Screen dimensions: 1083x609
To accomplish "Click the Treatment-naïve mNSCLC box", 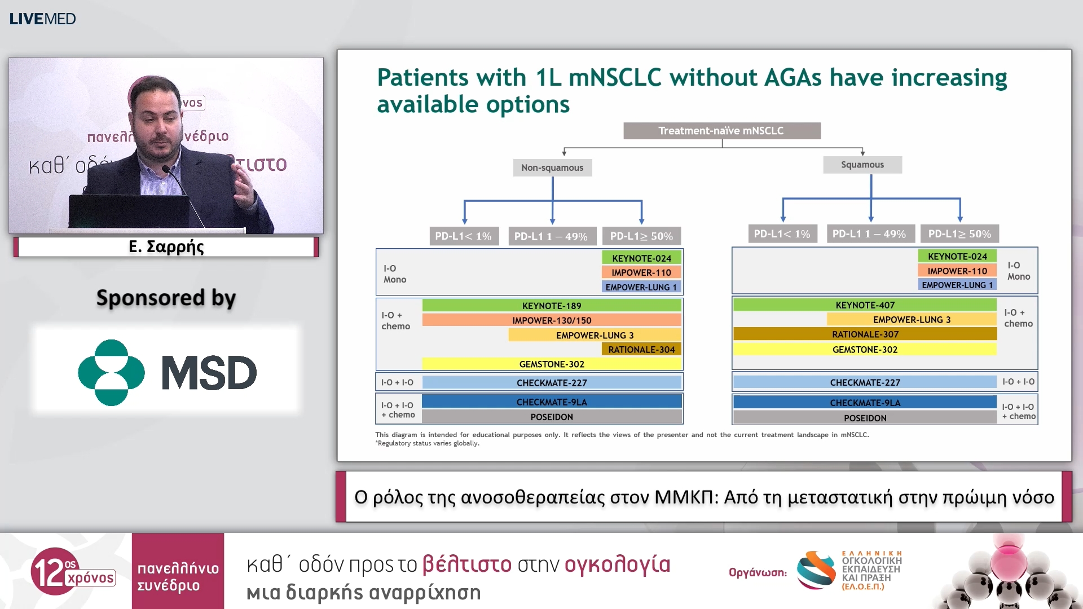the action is pyautogui.click(x=722, y=131).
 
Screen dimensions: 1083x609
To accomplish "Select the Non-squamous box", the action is pyautogui.click(x=552, y=167).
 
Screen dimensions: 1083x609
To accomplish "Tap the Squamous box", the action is pyautogui.click(x=862, y=165).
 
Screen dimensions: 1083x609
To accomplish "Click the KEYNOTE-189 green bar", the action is pyautogui.click(x=552, y=306).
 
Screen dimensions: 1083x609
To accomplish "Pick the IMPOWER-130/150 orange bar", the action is pyautogui.click(x=552, y=320).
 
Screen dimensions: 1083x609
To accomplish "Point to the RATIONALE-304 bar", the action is pyautogui.click(x=641, y=350).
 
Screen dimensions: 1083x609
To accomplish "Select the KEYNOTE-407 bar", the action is pyautogui.click(x=865, y=305).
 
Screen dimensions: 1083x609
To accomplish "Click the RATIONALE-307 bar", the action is pyautogui.click(x=865, y=334).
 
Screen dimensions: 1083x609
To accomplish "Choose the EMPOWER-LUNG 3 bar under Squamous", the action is pyautogui.click(x=912, y=320).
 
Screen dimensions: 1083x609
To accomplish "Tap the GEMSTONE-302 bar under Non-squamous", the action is pyautogui.click(x=552, y=364).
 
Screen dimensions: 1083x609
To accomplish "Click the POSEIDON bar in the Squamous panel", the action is pyautogui.click(x=865, y=418).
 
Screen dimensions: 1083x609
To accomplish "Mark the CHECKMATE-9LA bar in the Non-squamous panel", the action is pyautogui.click(x=552, y=401).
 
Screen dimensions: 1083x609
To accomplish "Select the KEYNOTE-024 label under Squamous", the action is pyautogui.click(x=957, y=256).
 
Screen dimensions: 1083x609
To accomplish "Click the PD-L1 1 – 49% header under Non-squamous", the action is pyautogui.click(x=551, y=236).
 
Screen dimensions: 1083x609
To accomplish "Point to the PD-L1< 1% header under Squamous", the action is pyautogui.click(x=782, y=233).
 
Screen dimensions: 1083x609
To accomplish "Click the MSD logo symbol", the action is pyautogui.click(x=111, y=372).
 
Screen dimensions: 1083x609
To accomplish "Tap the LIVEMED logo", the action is pyautogui.click(x=42, y=19).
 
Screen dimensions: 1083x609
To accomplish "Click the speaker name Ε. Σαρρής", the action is pyautogui.click(x=166, y=246).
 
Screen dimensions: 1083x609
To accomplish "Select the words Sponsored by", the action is pyautogui.click(x=166, y=298).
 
